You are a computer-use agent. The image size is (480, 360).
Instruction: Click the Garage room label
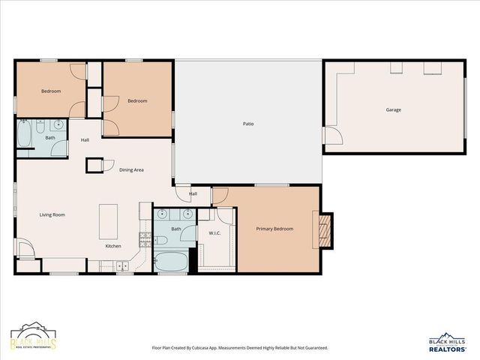(393, 110)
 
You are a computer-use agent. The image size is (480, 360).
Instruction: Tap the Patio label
(247, 124)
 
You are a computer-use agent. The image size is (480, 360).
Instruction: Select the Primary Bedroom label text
(274, 229)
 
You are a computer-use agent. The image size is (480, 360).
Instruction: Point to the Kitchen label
(113, 246)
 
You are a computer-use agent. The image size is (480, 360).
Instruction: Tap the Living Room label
(52, 214)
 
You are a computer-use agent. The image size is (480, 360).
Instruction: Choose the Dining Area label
(131, 170)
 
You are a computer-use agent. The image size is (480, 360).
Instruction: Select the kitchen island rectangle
(109, 221)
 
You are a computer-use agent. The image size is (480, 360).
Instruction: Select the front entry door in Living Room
(24, 247)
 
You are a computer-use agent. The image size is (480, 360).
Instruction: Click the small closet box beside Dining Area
(94, 165)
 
